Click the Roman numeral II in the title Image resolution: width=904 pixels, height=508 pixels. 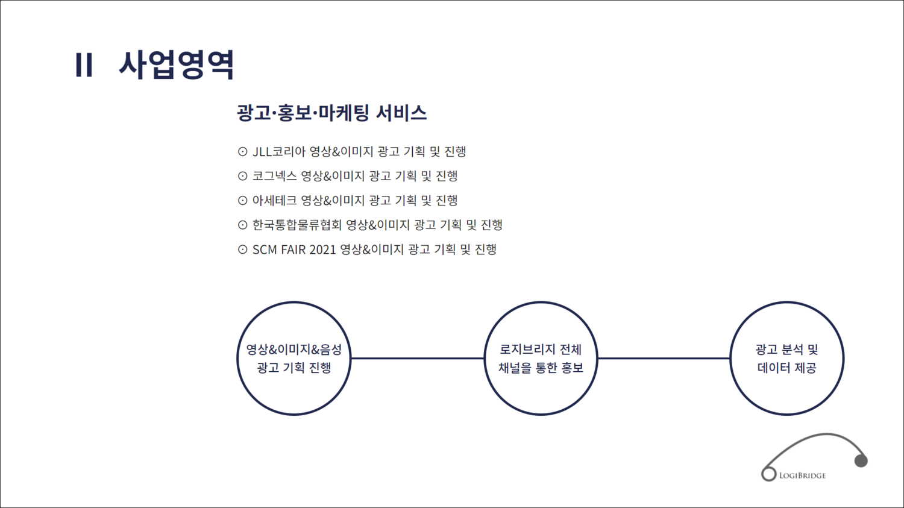point(84,64)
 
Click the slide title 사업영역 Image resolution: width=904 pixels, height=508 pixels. point(177,64)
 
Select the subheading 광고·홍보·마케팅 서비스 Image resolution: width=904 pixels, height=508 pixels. point(331,113)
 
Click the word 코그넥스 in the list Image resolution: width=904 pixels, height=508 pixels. point(274,176)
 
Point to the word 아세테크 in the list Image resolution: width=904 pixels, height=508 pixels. point(274,200)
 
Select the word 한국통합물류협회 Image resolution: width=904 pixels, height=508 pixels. point(297,225)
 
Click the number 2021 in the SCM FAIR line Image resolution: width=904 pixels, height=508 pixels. point(322,249)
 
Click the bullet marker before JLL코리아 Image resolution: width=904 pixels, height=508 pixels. point(242,152)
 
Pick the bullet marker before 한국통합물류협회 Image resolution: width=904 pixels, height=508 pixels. point(242,225)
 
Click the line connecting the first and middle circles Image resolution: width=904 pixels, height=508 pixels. point(418,358)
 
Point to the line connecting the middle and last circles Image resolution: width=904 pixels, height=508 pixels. point(664,358)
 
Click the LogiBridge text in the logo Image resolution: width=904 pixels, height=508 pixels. point(802,475)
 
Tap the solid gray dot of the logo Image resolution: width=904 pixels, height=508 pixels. point(861,460)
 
